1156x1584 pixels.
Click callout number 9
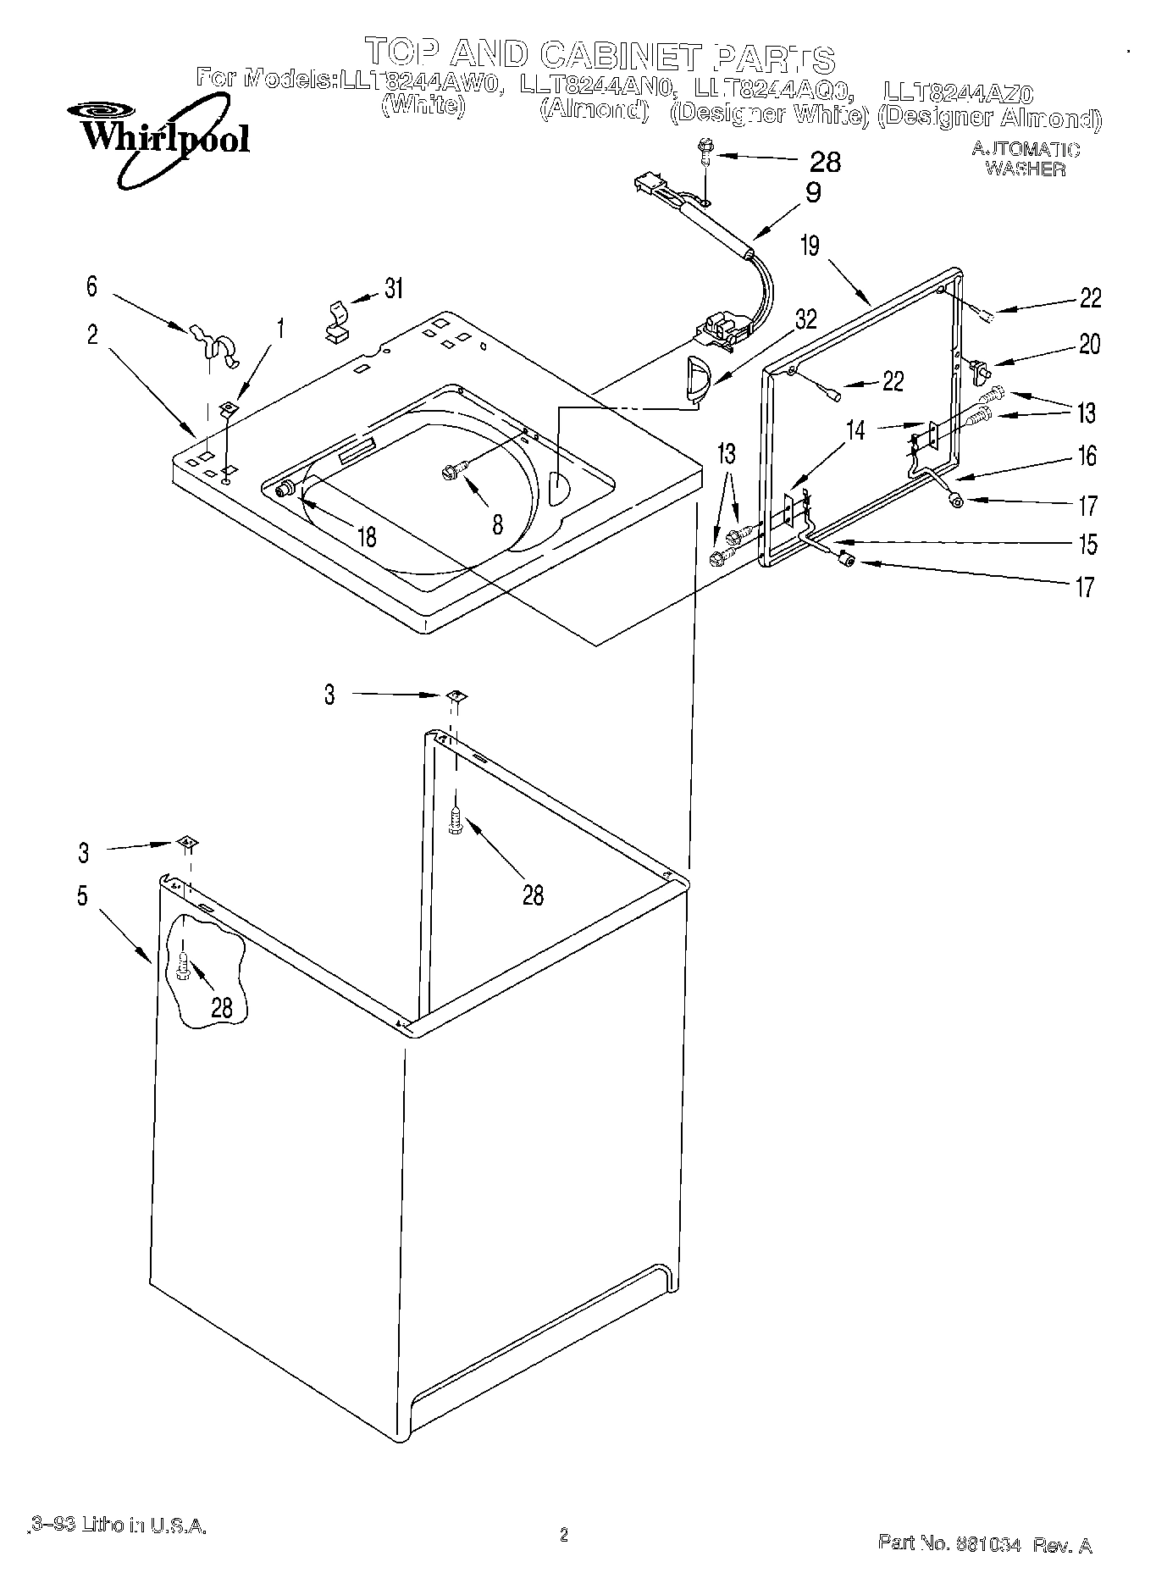[812, 193]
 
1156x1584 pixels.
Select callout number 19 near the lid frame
[810, 246]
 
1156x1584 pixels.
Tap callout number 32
[805, 318]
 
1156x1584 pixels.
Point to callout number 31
[392, 288]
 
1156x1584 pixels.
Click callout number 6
[91, 286]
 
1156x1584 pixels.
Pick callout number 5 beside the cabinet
[82, 896]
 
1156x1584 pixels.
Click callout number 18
[366, 536]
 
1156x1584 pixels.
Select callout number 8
[497, 524]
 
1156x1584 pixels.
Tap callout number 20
[1089, 344]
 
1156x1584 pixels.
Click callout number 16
[1087, 457]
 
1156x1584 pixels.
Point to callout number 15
[1087, 544]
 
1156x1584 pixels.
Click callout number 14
[856, 430]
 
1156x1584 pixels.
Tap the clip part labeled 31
[337, 320]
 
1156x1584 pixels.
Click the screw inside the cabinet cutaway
[183, 965]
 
